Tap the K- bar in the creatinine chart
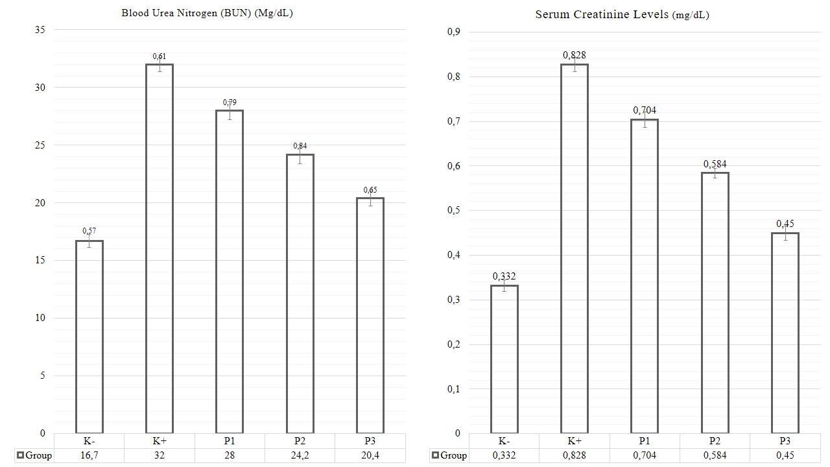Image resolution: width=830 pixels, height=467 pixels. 504,359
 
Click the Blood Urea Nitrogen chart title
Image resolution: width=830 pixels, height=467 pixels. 207,13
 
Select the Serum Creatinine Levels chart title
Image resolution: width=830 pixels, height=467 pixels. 622,14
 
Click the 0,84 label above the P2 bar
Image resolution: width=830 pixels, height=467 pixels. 300,146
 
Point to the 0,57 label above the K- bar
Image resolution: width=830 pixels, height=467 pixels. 89,231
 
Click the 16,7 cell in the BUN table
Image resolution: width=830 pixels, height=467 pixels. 89,455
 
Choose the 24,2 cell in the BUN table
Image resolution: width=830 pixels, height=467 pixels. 300,455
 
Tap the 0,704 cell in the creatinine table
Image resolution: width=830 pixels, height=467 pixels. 645,455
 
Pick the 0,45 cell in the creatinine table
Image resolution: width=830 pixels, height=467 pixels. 785,455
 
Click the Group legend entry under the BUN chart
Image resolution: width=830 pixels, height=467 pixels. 34,455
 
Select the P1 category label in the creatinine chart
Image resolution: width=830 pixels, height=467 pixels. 645,441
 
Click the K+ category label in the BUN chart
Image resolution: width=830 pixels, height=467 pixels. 160,441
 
